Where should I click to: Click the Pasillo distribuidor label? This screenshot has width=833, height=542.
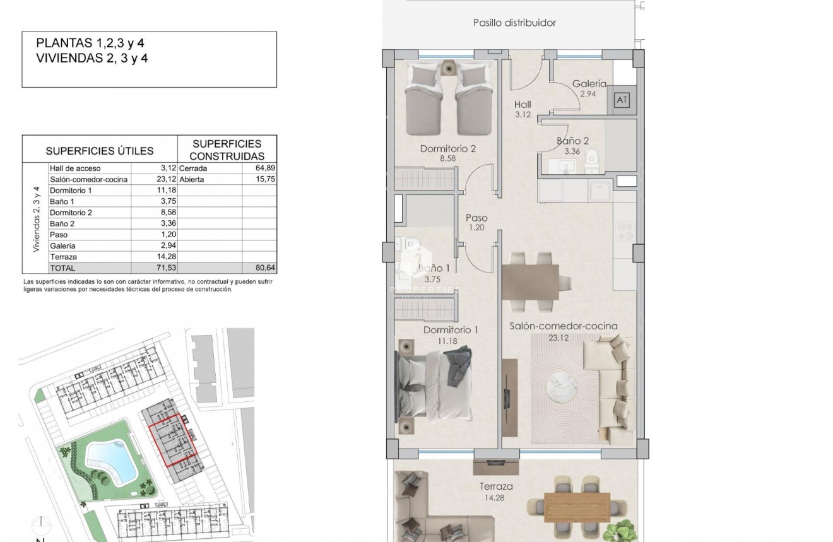tap(514, 23)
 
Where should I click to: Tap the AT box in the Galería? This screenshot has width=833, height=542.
tap(622, 100)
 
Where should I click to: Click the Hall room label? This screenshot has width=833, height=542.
tap(523, 105)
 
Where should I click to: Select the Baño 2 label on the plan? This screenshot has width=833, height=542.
tap(572, 141)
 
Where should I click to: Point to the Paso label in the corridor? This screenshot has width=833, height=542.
tap(477, 218)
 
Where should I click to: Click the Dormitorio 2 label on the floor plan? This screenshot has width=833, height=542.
tap(447, 150)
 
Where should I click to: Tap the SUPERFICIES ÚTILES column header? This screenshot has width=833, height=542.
tap(100, 151)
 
